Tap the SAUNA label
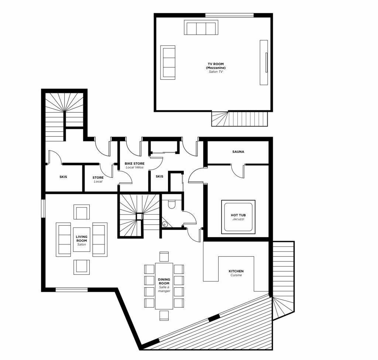click(238, 152)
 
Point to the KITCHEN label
click(236, 273)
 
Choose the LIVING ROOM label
click(82, 240)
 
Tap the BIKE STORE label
click(134, 165)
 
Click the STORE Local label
click(98, 179)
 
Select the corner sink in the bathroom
click(165, 224)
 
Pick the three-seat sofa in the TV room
click(201, 28)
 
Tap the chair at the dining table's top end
click(164, 257)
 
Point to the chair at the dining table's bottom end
click(164, 315)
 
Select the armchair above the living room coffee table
click(82, 212)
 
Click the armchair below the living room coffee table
click(82, 267)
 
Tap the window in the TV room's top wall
click(229, 16)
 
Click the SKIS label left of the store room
click(63, 177)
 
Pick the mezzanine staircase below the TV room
click(239, 119)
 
